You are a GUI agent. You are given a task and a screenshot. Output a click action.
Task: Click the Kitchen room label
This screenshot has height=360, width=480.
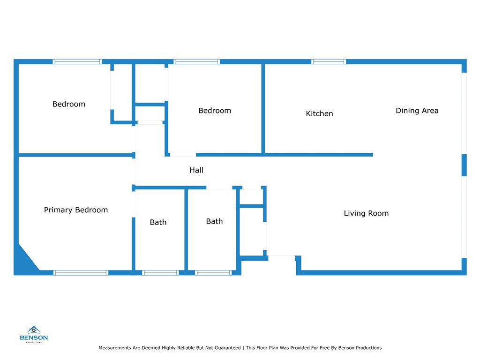pos(319,113)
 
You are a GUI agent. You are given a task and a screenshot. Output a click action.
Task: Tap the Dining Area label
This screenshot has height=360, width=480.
pos(417,111)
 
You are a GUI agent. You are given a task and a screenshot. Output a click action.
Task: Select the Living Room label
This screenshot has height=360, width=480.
pos(366,213)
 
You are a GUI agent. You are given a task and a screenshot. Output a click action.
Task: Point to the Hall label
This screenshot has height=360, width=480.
pos(196,170)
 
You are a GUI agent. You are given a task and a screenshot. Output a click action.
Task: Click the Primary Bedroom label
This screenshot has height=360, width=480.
pos(76,210)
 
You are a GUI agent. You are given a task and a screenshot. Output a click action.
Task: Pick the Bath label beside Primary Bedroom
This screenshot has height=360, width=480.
pos(158,222)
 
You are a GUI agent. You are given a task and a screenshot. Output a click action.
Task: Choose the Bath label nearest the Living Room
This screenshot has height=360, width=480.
pos(214,221)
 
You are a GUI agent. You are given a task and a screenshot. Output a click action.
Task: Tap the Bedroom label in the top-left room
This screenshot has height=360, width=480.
pos(69,104)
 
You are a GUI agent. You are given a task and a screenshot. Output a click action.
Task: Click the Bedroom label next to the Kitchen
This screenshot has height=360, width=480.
pos(215,111)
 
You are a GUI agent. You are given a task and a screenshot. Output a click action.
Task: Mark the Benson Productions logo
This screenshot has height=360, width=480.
pos(34,334)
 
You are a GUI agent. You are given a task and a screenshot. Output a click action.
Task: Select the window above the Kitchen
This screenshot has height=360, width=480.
pos(329,61)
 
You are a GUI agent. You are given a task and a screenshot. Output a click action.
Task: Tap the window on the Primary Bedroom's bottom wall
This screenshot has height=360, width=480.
pos(81,273)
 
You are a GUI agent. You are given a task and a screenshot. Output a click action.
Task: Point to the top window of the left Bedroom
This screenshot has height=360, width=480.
pos(77,61)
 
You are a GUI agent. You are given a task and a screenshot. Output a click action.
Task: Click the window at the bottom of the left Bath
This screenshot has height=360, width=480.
pos(160,273)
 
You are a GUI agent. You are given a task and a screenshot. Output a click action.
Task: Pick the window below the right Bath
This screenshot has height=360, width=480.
pos(213,273)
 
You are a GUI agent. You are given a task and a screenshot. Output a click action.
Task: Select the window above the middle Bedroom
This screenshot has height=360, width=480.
pos(196,61)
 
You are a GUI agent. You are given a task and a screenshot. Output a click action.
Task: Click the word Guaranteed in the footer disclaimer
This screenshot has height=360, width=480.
pos(225,348)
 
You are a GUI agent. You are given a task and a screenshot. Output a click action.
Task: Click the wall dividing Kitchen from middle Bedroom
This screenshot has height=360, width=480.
pos(263,108)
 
